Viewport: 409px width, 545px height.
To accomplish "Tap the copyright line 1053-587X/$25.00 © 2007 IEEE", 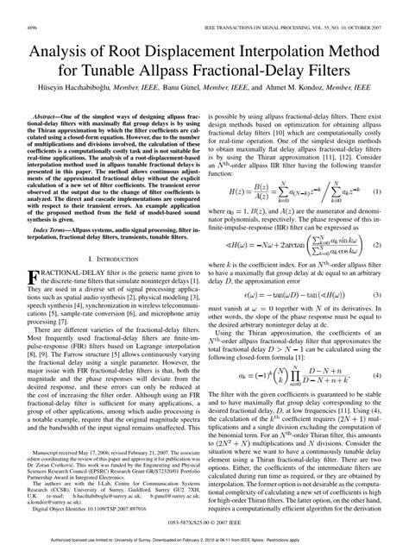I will click(x=204, y=521).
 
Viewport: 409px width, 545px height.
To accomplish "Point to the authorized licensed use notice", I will click(x=204, y=537).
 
